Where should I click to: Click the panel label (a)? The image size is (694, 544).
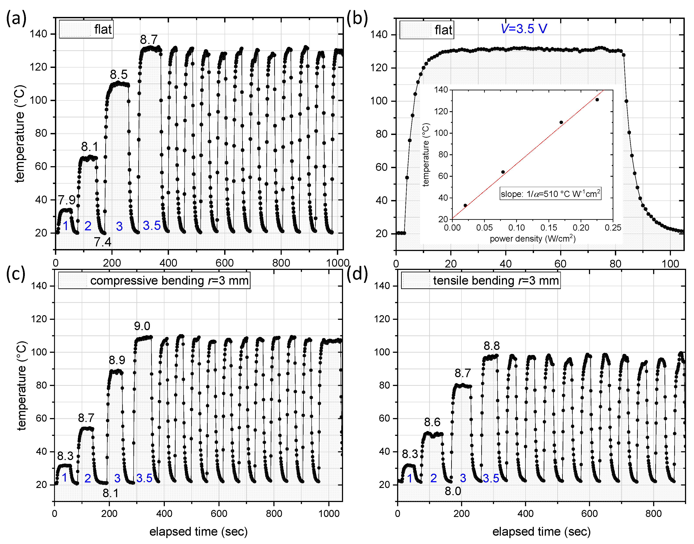(x=16, y=18)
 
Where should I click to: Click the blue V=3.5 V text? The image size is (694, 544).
(x=524, y=29)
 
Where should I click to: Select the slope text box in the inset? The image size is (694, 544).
(x=550, y=194)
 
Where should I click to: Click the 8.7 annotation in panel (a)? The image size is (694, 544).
(x=149, y=40)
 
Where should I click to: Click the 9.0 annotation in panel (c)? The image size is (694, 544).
(x=142, y=326)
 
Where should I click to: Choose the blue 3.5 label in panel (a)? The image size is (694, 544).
(x=152, y=226)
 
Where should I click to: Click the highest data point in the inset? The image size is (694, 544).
(x=597, y=100)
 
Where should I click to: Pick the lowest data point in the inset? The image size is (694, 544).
(x=465, y=206)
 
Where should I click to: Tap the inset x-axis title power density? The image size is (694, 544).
(x=532, y=238)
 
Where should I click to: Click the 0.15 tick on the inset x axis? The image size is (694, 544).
(x=549, y=228)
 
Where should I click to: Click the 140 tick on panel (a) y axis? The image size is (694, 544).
(x=38, y=34)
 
